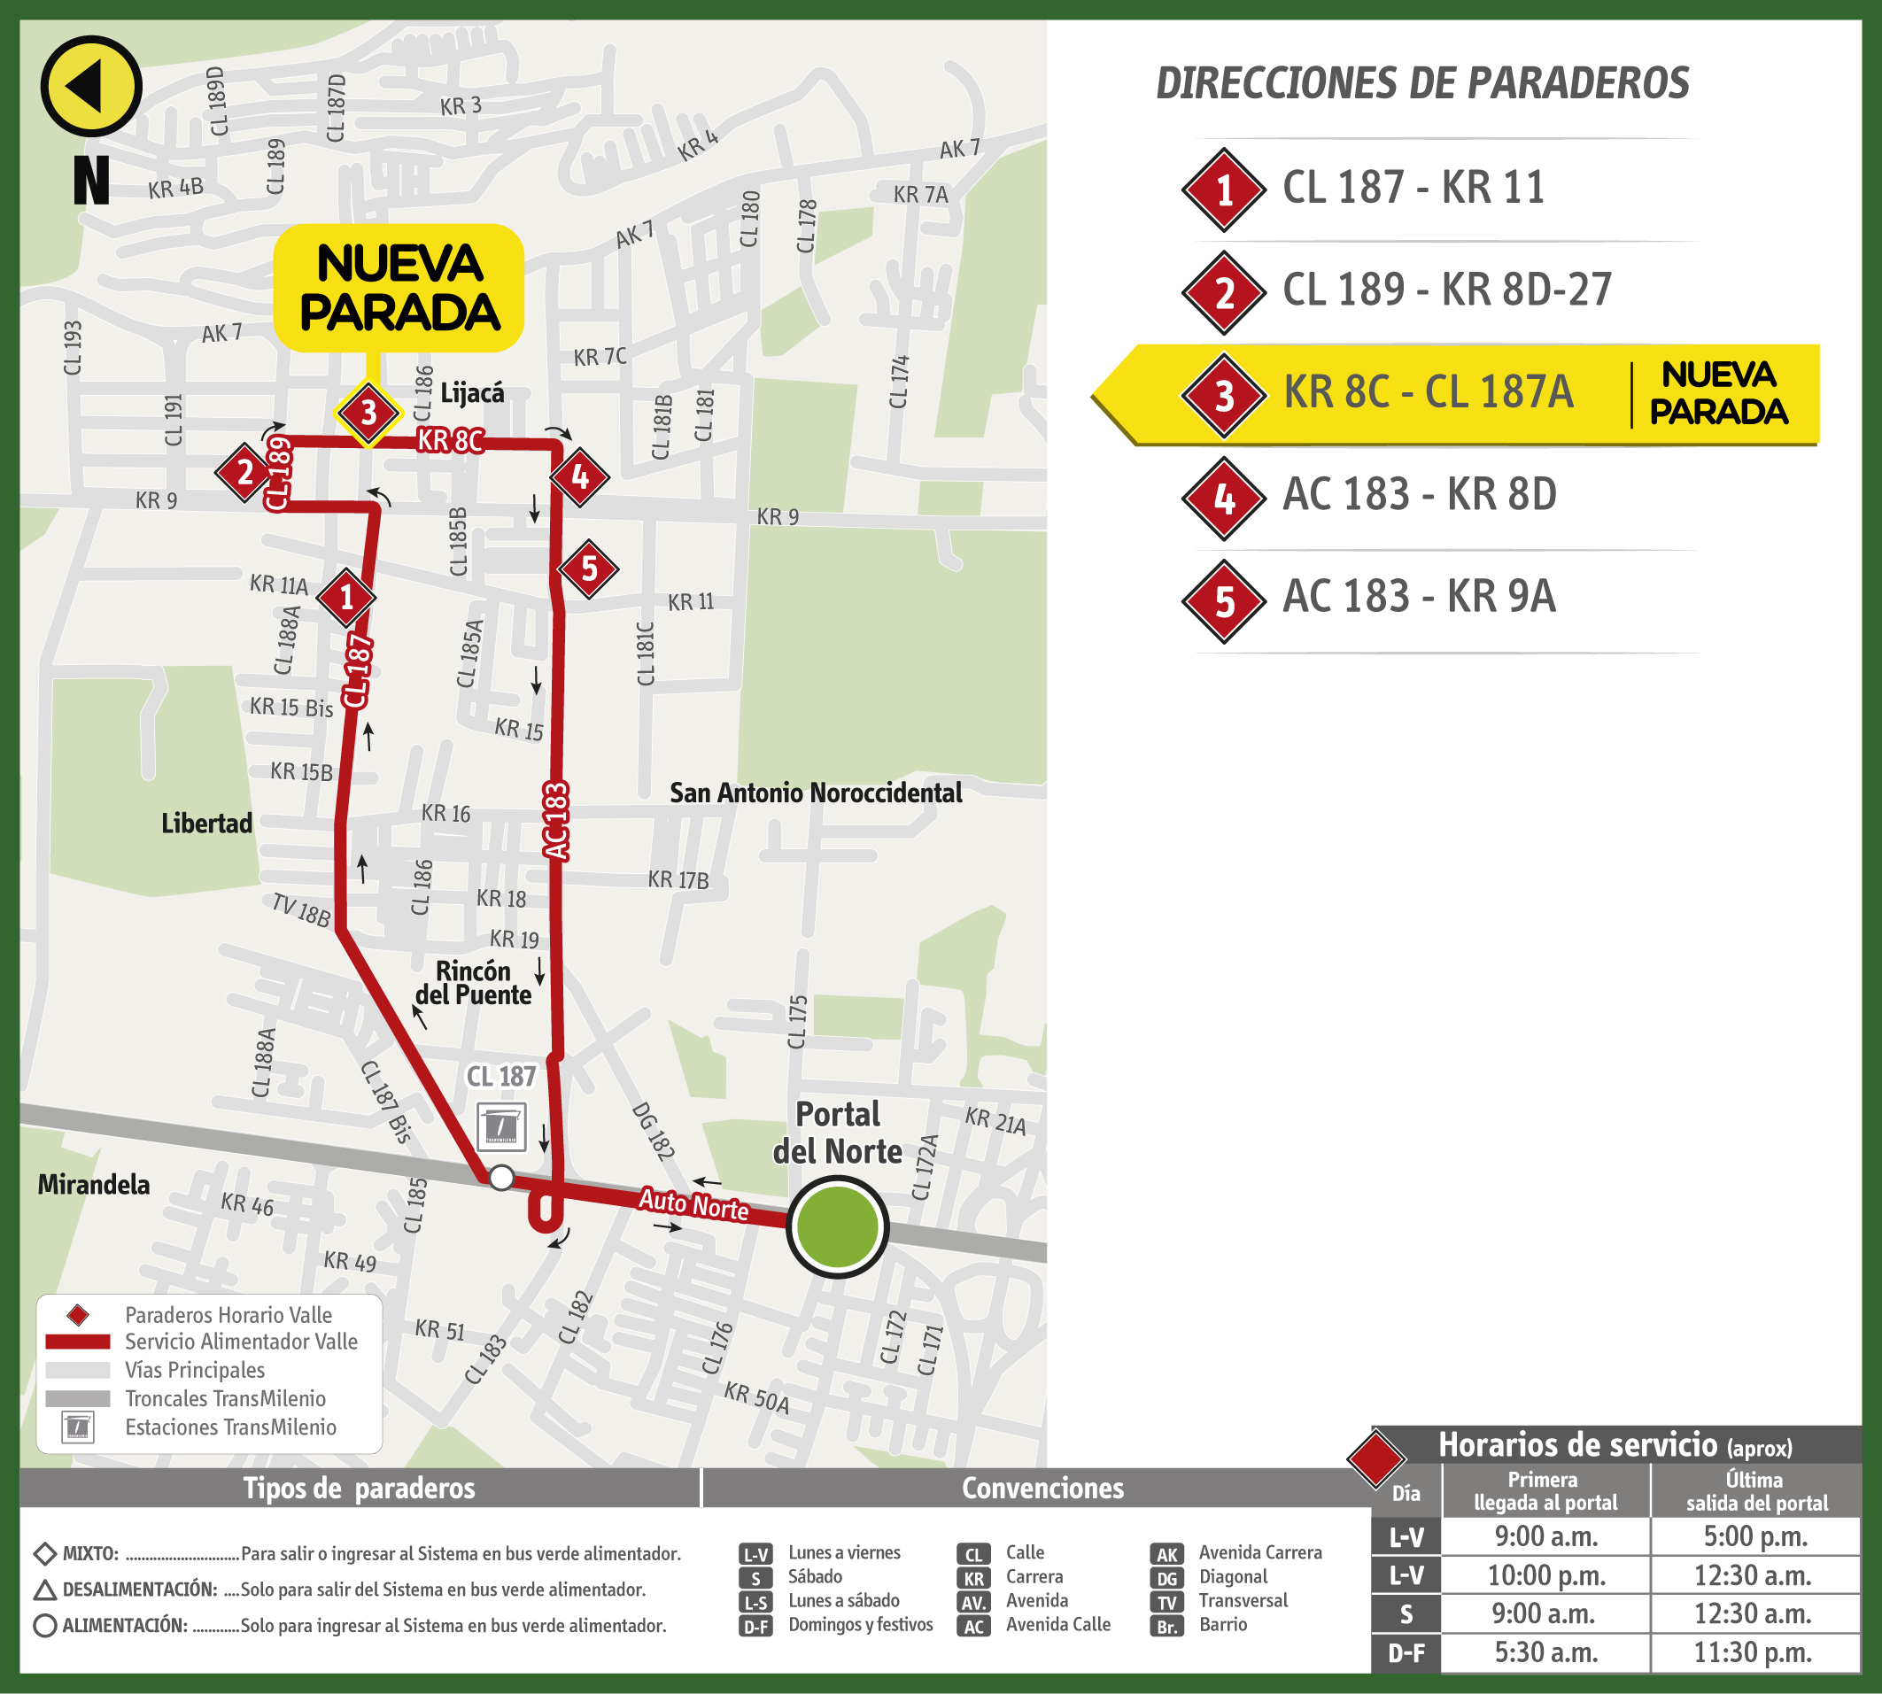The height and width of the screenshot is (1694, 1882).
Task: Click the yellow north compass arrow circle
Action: (x=90, y=87)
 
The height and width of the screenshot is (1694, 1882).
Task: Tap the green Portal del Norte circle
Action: (x=837, y=1226)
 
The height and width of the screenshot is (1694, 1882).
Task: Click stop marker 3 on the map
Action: (x=368, y=413)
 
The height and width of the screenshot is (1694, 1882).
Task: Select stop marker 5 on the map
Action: (x=588, y=569)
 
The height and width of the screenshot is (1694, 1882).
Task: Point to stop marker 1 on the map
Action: (x=346, y=598)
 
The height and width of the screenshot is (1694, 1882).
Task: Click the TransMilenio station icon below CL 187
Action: (x=501, y=1127)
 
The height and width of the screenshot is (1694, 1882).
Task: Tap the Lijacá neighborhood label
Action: (x=472, y=393)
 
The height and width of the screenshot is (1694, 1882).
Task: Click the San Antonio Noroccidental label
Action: (x=816, y=793)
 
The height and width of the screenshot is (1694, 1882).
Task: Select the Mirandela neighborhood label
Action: (x=93, y=1185)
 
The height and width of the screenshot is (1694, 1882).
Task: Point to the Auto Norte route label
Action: (x=693, y=1204)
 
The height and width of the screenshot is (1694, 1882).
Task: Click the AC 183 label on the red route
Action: (x=554, y=821)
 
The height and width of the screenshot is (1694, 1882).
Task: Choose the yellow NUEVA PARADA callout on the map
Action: (x=399, y=288)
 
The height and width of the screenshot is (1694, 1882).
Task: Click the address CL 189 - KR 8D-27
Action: (x=1446, y=290)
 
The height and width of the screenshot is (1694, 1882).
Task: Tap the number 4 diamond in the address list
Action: (x=1224, y=499)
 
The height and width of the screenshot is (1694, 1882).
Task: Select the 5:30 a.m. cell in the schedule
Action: (x=1546, y=1653)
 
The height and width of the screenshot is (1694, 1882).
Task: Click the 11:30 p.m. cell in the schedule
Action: (x=1755, y=1653)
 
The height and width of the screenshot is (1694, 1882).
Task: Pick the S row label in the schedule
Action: (x=1406, y=1614)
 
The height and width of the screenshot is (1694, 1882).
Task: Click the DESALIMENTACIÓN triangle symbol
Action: (x=44, y=1590)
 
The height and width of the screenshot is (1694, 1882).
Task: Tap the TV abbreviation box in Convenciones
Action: (x=1166, y=1602)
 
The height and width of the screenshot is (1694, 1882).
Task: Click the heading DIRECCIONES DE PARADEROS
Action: (x=1421, y=83)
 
